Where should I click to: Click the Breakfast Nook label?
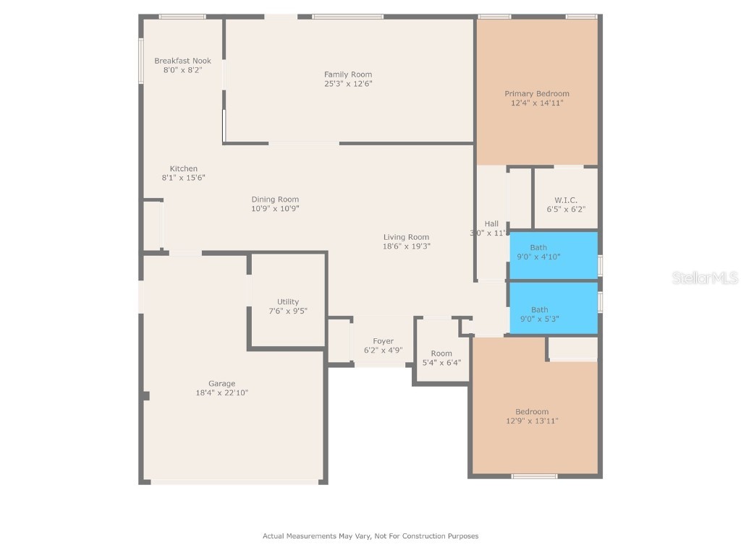point(182,61)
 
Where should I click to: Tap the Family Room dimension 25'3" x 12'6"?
point(348,84)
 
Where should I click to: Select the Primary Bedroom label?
point(536,93)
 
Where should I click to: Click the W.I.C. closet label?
point(565,199)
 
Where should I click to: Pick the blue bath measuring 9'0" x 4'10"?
point(554,254)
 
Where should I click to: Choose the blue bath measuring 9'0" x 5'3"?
point(554,309)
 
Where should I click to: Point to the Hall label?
point(491,223)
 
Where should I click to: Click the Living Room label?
point(406,237)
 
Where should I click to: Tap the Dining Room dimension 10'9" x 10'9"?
point(275,209)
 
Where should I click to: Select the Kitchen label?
point(184,169)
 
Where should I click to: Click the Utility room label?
point(288,302)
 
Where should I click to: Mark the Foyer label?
point(383,341)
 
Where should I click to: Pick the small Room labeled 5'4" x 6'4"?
point(441,358)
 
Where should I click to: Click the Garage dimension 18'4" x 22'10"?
point(222,393)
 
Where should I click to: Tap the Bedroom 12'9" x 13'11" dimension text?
point(532,421)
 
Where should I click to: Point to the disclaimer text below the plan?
point(370,536)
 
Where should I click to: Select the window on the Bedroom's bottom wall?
point(534,476)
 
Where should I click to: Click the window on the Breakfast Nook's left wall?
point(141,61)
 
